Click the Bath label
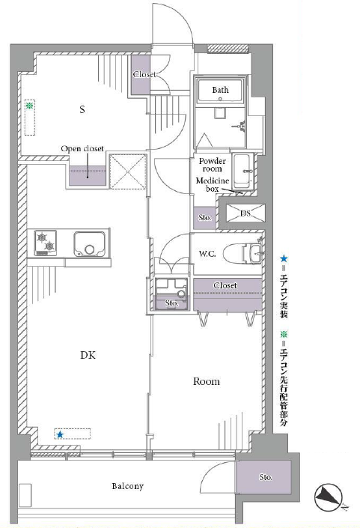[x=220, y=90]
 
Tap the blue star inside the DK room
[x=60, y=434]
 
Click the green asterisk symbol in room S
[x=30, y=106]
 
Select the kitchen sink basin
[x=90, y=244]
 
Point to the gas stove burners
[x=46, y=243]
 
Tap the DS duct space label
[x=245, y=213]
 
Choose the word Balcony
[x=128, y=486]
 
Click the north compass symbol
[x=329, y=497]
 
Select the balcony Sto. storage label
[x=266, y=477]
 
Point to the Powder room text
[x=213, y=165]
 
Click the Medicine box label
[x=213, y=185]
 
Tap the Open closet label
[x=82, y=148]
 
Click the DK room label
[x=88, y=355]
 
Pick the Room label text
[x=207, y=381]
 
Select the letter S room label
[x=82, y=109]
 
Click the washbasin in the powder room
[x=243, y=171]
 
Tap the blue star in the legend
[x=284, y=258]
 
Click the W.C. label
[x=207, y=254]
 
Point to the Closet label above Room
[x=225, y=285]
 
